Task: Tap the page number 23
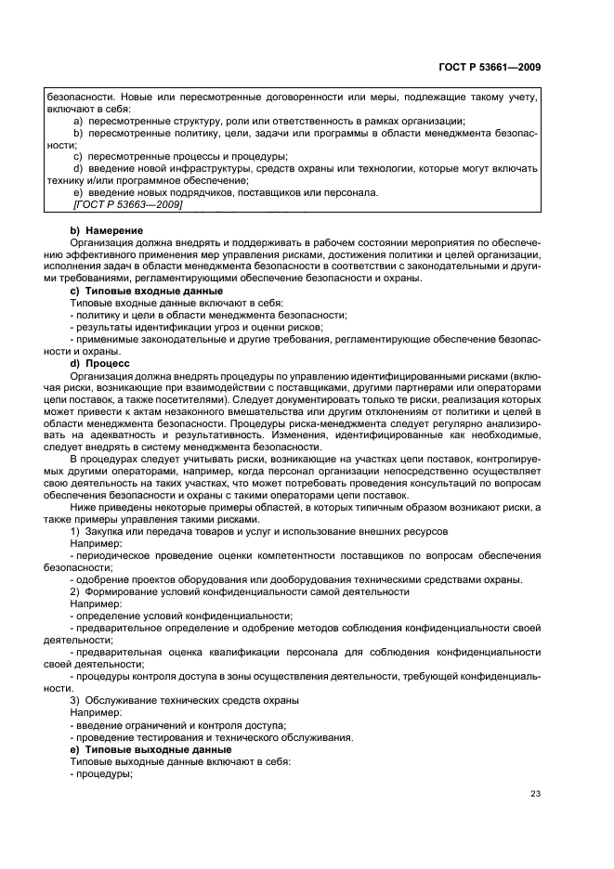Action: point(535,793)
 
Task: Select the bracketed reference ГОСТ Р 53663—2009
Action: point(127,204)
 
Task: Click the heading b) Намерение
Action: point(107,229)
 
